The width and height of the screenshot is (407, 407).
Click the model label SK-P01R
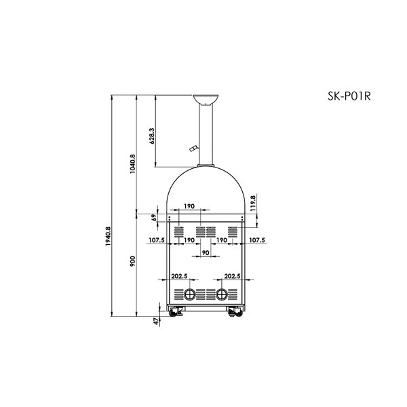[x=349, y=96]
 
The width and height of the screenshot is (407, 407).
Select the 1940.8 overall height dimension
[x=108, y=237]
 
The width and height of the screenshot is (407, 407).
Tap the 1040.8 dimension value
[x=133, y=164]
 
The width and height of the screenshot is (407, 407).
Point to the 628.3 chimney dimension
[x=152, y=136]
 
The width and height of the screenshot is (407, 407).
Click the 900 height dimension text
[x=133, y=261]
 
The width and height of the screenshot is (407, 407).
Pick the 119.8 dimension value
[x=253, y=203]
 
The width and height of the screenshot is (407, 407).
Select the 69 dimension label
[x=154, y=218]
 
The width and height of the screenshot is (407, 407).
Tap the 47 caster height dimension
[x=156, y=322]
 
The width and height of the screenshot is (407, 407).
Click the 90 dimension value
[x=206, y=252]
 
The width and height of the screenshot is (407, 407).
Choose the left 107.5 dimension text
[x=157, y=240]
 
